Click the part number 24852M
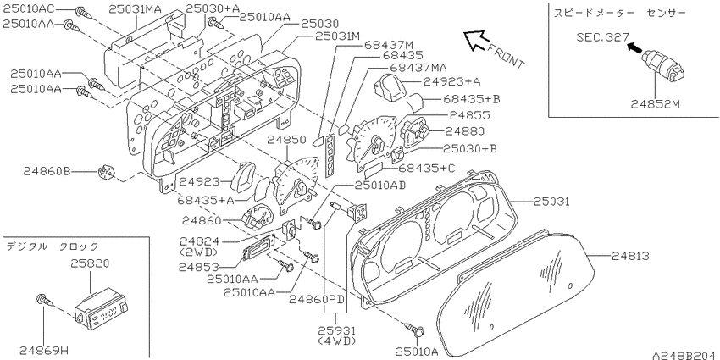click(x=655, y=104)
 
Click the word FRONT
click(x=505, y=56)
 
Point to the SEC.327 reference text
click(x=602, y=36)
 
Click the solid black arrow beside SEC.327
click(x=636, y=47)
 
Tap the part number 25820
click(x=90, y=263)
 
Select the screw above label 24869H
click(x=45, y=302)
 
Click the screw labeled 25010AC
click(x=84, y=13)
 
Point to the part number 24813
click(x=630, y=256)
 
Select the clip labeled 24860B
click(x=106, y=174)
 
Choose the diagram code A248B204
click(x=684, y=355)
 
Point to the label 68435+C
click(x=427, y=168)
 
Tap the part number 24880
click(x=464, y=132)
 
